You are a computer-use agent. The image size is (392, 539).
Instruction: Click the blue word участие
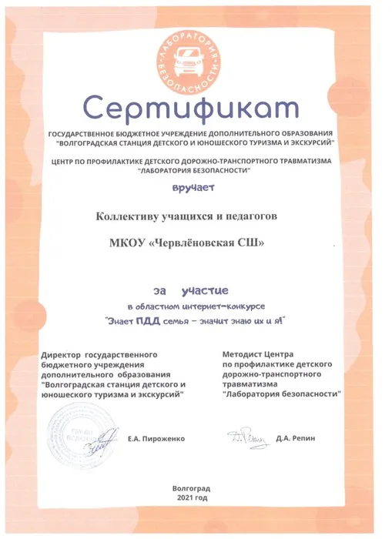pyautogui.click(x=203, y=290)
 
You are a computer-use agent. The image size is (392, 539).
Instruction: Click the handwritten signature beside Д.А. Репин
pyautogui.click(x=245, y=438)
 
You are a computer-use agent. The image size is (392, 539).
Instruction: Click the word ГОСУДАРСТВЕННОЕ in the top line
pyautogui.click(x=85, y=134)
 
